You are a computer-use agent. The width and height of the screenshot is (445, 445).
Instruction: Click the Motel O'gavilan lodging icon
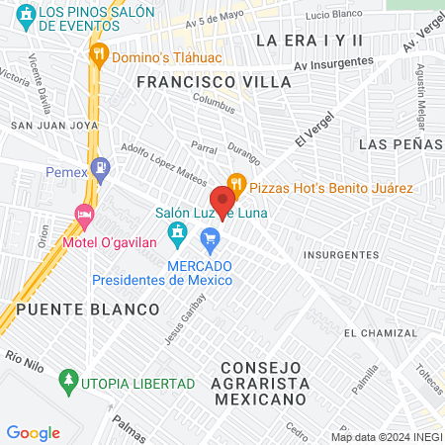point(85,214)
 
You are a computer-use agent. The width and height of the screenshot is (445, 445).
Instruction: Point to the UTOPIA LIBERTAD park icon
point(68,379)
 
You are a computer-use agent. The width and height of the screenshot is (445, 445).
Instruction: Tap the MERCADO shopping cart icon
point(210,238)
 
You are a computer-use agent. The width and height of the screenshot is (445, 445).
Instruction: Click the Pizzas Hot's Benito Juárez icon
point(235,183)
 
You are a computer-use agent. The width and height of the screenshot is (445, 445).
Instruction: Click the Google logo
point(33,432)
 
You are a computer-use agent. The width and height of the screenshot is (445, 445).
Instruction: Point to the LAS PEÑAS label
point(400,144)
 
